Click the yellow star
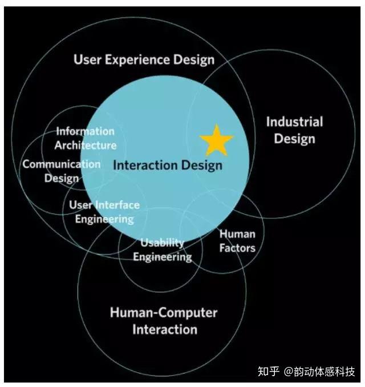click(216, 141)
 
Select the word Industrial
click(294, 122)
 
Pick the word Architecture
click(86, 145)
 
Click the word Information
click(85, 132)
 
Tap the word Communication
click(61, 164)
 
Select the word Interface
click(117, 205)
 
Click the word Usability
click(163, 243)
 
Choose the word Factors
click(237, 248)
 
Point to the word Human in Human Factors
click(237, 234)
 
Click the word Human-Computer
click(164, 313)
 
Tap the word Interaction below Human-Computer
click(165, 329)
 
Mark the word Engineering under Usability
click(163, 256)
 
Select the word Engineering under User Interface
click(104, 219)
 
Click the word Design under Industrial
click(294, 139)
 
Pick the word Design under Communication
click(62, 178)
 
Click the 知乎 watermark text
click(269, 372)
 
